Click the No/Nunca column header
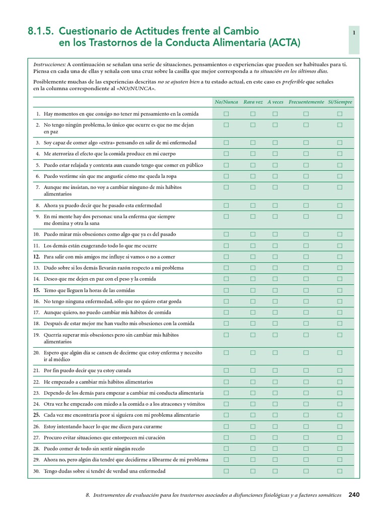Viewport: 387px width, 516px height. pyautogui.click(x=226, y=102)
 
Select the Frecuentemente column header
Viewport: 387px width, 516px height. pyautogui.click(x=306, y=102)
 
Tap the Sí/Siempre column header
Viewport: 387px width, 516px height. pyautogui.click(x=340, y=102)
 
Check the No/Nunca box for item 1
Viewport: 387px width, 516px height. pyautogui.click(x=226, y=113)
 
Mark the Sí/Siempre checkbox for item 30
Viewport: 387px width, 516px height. pyautogui.click(x=340, y=471)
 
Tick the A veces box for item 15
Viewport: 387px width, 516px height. pyautogui.click(x=275, y=290)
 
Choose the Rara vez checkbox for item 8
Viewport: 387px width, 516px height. pyautogui.click(x=253, y=205)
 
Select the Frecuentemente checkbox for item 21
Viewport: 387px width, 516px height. pyautogui.click(x=306, y=370)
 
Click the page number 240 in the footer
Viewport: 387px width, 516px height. pyautogui.click(x=354, y=495)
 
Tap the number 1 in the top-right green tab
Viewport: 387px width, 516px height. pyautogui.click(x=354, y=33)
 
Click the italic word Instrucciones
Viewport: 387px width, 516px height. pyautogui.click(x=49, y=64)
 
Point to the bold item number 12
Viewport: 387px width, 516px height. pyautogui.click(x=36, y=256)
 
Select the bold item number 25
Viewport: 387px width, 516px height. pyautogui.click(x=36, y=415)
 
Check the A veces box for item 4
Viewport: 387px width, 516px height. pyautogui.click(x=275, y=153)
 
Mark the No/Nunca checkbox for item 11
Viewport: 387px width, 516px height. pyautogui.click(x=226, y=245)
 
